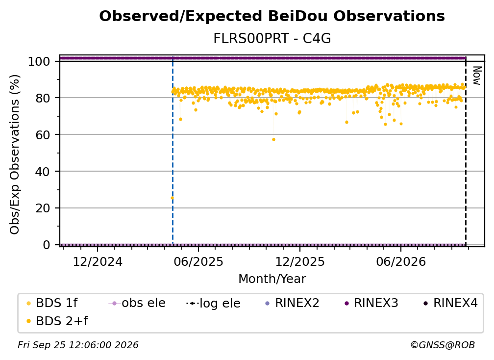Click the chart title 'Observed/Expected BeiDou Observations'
[272, 16]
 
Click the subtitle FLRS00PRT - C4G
[272, 39]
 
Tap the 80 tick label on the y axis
[43, 98]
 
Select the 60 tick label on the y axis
[43, 135]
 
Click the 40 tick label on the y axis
[43, 172]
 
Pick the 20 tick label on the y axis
[43, 208]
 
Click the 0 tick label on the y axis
[47, 245]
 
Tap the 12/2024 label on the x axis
[98, 262]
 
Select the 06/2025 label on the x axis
[198, 262]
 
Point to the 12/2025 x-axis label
[300, 262]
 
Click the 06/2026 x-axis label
[401, 262]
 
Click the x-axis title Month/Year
[272, 279]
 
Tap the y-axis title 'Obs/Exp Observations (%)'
[15, 154]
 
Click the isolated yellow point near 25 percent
[172, 198]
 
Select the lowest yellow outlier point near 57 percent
[273, 139]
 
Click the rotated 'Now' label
[477, 76]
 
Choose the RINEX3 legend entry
[372, 303]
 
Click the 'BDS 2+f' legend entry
[57, 321]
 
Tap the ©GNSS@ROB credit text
[443, 345]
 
